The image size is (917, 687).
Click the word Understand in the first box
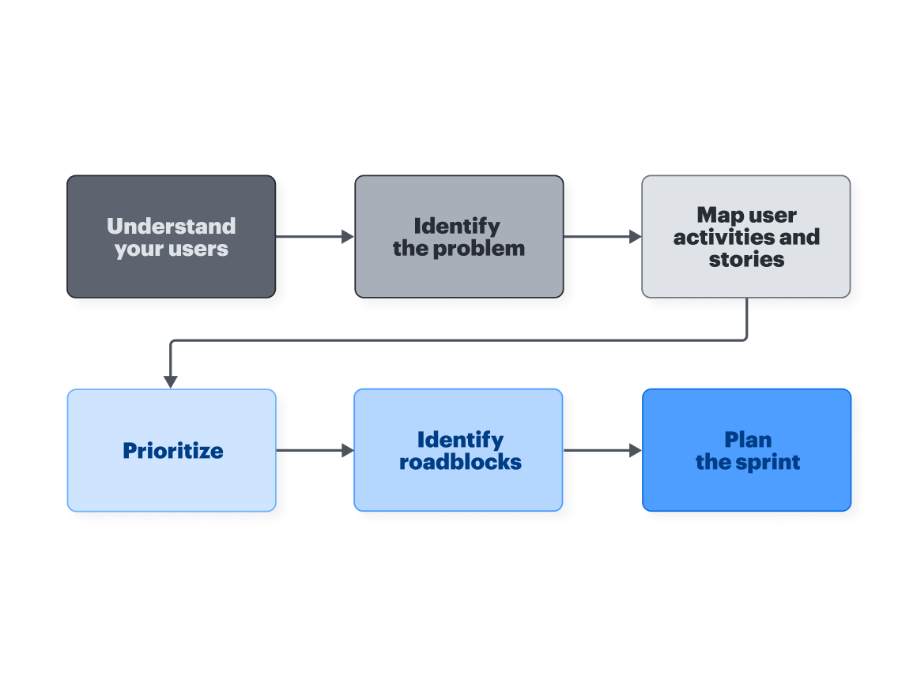[171, 226]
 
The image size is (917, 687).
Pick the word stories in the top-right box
[746, 259]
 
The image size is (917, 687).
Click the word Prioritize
[172, 451]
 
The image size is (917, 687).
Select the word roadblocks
[460, 462]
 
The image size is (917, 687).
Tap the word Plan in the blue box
[748, 440]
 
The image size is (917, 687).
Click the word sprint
[768, 462]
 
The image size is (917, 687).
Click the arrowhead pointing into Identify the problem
[347, 236]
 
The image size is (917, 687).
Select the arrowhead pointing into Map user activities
[635, 236]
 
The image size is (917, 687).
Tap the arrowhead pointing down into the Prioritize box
[171, 381]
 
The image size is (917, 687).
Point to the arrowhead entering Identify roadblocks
[347, 450]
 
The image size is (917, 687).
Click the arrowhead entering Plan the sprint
[635, 450]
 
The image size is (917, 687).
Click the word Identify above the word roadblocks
[460, 440]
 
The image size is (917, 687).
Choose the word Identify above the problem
[457, 226]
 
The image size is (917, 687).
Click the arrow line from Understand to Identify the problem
[308, 236]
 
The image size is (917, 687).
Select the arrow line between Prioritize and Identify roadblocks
[308, 450]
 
